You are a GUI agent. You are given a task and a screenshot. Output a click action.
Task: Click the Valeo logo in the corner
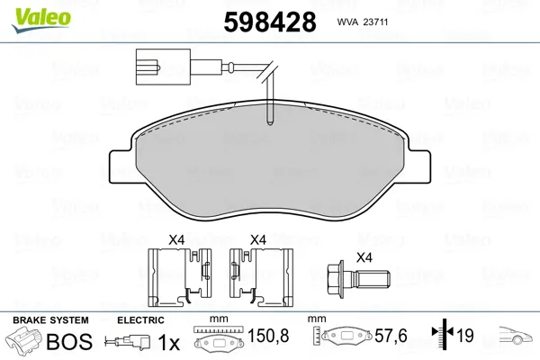(41, 20)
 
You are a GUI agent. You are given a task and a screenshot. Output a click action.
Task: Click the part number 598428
(270, 22)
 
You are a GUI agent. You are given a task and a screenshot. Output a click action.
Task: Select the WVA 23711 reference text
(363, 22)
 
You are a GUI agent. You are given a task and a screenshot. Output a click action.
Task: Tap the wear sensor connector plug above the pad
(163, 67)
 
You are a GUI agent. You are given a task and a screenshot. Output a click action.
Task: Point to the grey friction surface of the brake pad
(269, 162)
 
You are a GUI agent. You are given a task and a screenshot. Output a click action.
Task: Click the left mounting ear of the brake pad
(121, 166)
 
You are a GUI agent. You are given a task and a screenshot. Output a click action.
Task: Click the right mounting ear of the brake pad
(418, 166)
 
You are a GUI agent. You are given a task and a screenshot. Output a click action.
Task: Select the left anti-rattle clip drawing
(180, 277)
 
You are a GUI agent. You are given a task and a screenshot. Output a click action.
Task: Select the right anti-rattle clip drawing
(261, 277)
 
